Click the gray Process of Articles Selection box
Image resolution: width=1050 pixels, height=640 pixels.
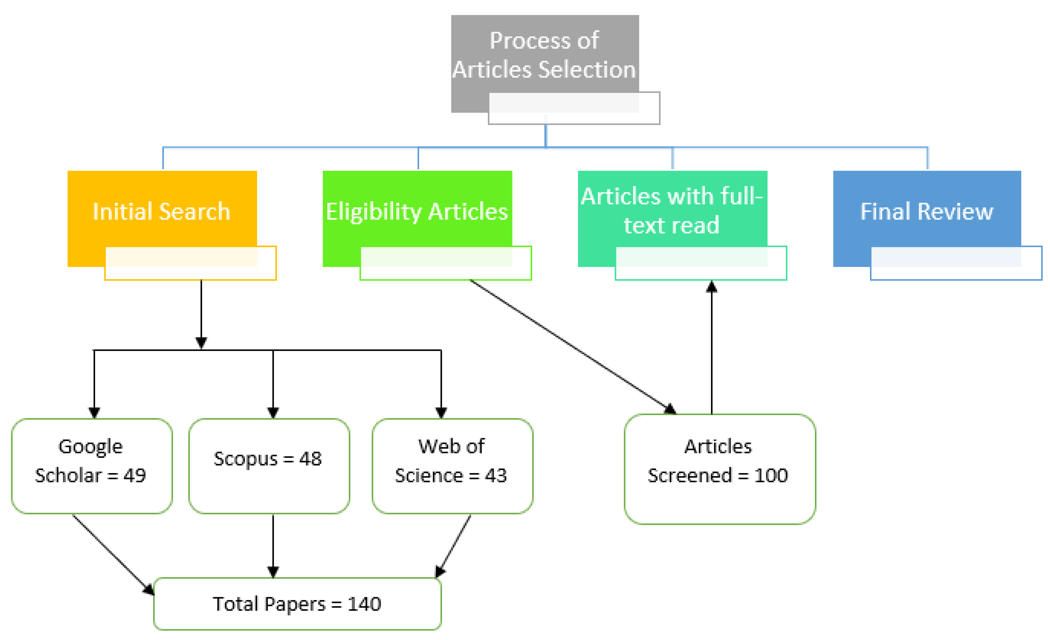[545, 56]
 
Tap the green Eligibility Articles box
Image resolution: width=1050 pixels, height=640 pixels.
[417, 211]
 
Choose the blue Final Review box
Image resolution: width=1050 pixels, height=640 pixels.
[927, 211]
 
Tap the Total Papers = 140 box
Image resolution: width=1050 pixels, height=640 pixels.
[297, 603]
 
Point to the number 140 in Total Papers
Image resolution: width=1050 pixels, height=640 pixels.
[364, 604]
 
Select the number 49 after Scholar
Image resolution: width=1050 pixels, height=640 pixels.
[135, 475]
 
